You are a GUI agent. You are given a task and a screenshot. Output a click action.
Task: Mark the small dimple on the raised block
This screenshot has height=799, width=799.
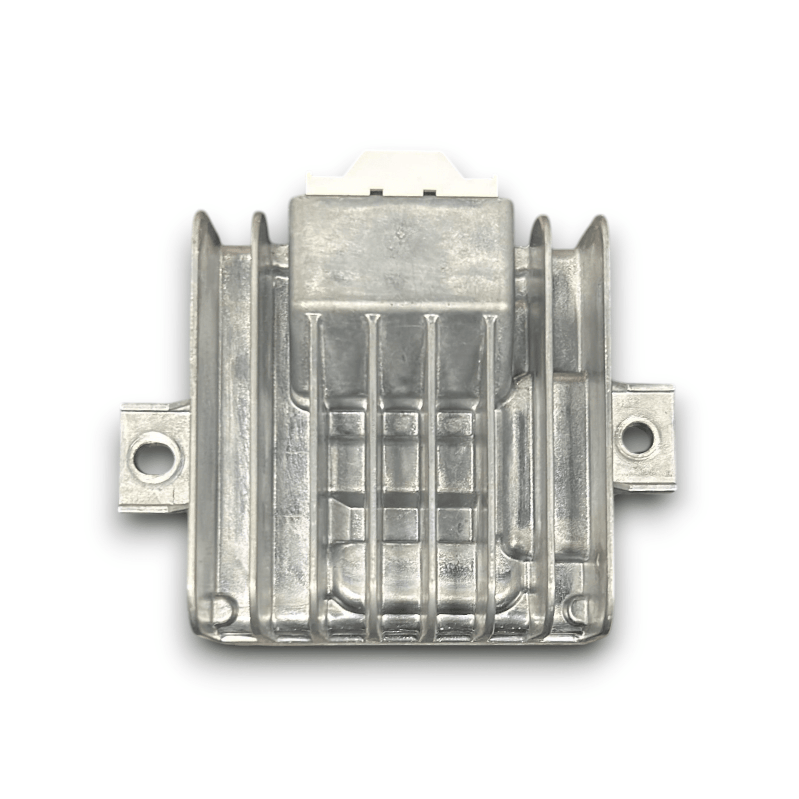(x=400, y=233)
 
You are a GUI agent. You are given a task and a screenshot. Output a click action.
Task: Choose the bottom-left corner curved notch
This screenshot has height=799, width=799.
(x=223, y=608)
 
